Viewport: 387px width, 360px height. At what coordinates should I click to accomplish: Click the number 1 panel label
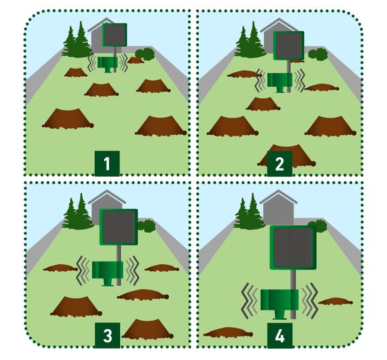(x=107, y=163)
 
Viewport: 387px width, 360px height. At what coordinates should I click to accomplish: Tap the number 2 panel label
(x=280, y=163)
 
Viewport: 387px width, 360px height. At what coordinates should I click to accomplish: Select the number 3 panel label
(x=107, y=335)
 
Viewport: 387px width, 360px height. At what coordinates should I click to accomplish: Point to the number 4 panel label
(x=280, y=335)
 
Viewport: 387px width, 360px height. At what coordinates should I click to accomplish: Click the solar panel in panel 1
(x=115, y=35)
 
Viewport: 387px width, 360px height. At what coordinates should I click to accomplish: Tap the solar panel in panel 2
(x=289, y=45)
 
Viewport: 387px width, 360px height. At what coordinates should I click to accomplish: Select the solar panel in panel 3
(x=119, y=227)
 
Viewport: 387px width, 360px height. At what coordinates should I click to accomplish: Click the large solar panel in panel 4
(x=293, y=247)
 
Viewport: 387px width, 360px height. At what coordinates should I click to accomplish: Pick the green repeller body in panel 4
(x=280, y=302)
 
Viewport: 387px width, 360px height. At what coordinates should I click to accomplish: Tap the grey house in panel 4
(x=278, y=207)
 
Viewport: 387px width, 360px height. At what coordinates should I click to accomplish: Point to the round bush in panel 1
(x=145, y=54)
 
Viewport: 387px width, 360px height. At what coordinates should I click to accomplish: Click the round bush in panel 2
(x=318, y=54)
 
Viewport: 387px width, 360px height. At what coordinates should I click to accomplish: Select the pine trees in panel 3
(x=77, y=213)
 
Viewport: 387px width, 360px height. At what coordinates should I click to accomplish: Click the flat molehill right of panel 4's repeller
(x=336, y=301)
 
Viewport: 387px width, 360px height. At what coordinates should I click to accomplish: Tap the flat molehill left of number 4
(x=228, y=332)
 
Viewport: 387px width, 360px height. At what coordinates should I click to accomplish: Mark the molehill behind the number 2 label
(x=286, y=155)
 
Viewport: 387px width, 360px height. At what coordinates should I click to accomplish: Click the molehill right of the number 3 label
(x=147, y=329)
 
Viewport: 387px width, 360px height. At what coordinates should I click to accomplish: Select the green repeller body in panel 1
(x=107, y=63)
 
